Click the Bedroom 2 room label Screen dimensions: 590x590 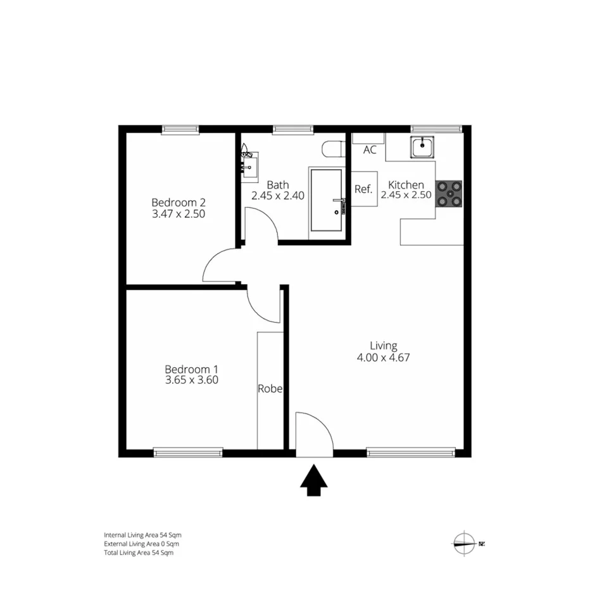click(179, 203)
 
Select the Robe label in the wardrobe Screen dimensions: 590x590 click(270, 389)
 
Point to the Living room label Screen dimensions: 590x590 click(384, 346)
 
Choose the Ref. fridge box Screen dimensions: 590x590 click(363, 189)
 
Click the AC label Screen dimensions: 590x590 click(370, 150)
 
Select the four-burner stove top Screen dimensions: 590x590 click(449, 194)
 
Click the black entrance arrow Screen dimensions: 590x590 click(313, 480)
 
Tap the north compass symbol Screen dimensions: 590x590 click(465, 543)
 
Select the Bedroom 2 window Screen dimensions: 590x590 click(181, 130)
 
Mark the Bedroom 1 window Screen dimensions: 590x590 click(188, 453)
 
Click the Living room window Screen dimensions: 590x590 click(411, 453)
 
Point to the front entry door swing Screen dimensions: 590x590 click(314, 434)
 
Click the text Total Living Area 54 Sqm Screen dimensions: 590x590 click(139, 553)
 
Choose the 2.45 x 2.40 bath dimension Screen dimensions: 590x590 click(278, 196)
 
